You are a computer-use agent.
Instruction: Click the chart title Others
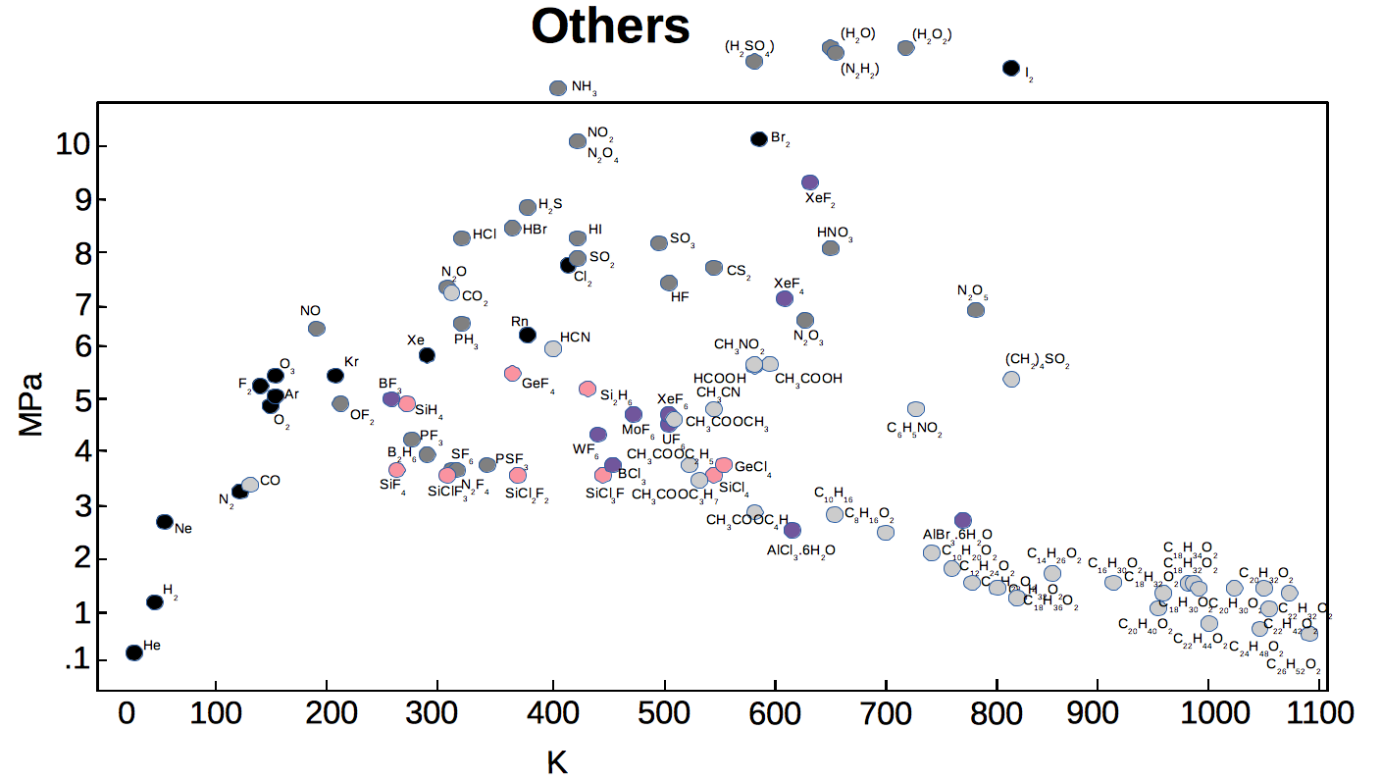tap(610, 26)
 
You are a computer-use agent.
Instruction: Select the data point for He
tap(134, 652)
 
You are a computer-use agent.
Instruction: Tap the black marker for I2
tap(1011, 68)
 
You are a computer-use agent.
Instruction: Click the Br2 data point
tap(758, 138)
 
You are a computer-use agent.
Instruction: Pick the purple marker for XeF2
tap(810, 182)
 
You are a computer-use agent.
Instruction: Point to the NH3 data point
tap(558, 88)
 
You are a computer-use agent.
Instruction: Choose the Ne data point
tap(165, 522)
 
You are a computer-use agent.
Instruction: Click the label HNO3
tap(835, 234)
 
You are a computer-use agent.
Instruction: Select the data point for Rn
tap(528, 335)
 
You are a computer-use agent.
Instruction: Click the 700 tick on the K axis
tap(886, 712)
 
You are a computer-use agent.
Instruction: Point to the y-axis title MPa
tap(30, 404)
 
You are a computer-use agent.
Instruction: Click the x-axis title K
tap(557, 761)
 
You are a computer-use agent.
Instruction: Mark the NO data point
tap(317, 329)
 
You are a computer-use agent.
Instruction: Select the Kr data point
tap(335, 375)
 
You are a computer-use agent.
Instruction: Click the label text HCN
tap(575, 338)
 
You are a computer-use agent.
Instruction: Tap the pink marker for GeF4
tap(512, 373)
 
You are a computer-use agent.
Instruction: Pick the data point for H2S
tap(528, 207)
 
